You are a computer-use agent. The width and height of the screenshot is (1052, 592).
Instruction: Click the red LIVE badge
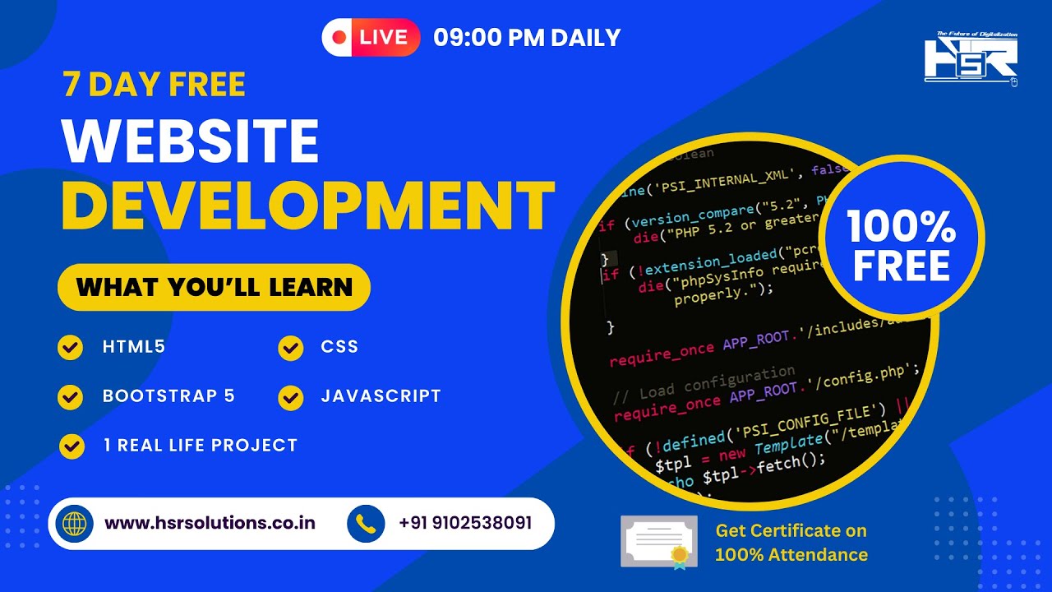click(x=371, y=37)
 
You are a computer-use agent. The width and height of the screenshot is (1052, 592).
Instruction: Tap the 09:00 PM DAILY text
click(x=527, y=38)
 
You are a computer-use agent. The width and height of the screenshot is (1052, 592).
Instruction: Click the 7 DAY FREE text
click(x=154, y=85)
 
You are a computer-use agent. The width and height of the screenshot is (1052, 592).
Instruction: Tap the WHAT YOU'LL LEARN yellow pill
click(x=214, y=287)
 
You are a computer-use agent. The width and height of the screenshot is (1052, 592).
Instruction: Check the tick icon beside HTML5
click(x=71, y=348)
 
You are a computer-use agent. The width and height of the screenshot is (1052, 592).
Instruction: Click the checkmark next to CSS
click(x=290, y=348)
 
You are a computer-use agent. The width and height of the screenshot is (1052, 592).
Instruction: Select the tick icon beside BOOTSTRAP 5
click(x=71, y=397)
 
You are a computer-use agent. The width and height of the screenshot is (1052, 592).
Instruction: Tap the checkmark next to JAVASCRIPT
click(x=290, y=397)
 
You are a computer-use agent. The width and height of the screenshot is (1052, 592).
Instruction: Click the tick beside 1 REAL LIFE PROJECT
click(x=72, y=446)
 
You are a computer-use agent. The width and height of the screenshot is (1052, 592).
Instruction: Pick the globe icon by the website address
click(x=74, y=524)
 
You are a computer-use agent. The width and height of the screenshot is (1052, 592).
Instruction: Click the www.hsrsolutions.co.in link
click(x=210, y=523)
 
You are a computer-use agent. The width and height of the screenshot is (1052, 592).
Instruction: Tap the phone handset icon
click(x=366, y=524)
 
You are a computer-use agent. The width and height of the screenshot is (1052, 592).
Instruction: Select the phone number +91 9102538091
click(x=465, y=523)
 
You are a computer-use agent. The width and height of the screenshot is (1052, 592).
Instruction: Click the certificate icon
click(x=659, y=541)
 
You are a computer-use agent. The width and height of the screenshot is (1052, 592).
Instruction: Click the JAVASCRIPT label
click(x=381, y=396)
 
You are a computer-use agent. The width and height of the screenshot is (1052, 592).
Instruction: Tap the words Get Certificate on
click(x=791, y=531)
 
